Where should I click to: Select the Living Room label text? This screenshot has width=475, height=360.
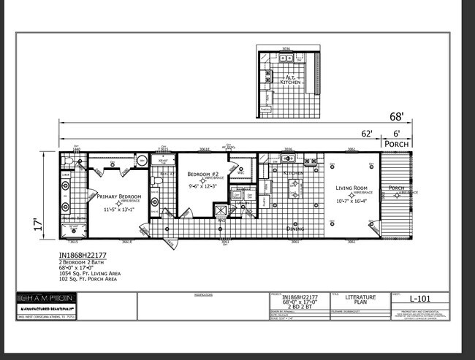click(351, 188)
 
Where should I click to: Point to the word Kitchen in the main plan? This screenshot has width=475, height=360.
click(292, 173)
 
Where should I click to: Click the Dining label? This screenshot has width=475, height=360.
click(295, 228)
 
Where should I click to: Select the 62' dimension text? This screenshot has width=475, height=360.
click(366, 134)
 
